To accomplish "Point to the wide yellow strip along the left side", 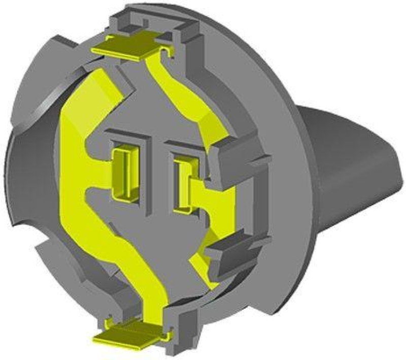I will (x=76, y=152).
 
